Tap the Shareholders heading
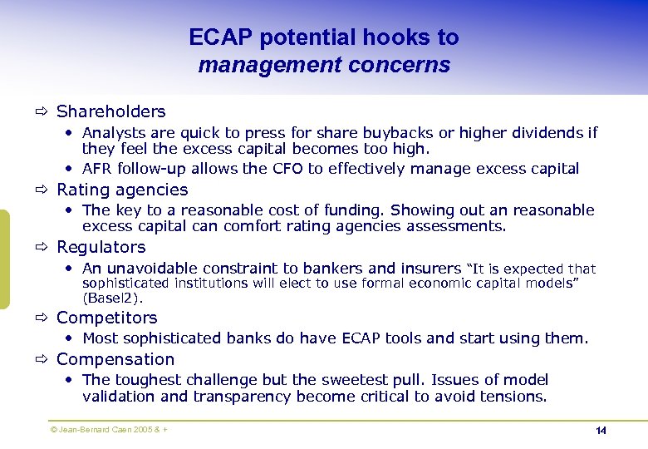[110, 111]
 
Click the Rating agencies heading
[122, 190]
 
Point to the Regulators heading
[101, 247]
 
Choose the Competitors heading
[106, 318]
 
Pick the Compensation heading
[115, 359]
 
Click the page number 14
[601, 431]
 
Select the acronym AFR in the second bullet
[98, 169]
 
